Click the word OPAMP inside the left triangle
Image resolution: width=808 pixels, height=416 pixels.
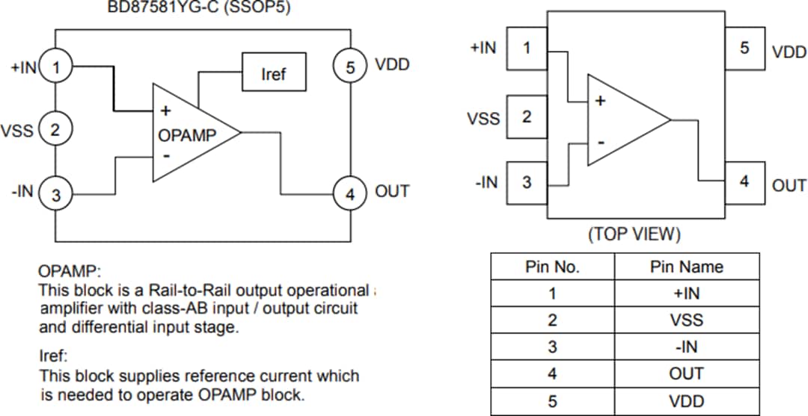point(187,135)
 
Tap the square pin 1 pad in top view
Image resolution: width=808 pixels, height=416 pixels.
point(527,49)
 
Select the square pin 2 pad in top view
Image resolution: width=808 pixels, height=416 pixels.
point(527,117)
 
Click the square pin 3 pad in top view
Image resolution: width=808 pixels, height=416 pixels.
point(527,182)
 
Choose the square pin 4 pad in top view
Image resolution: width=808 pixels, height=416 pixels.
point(744,182)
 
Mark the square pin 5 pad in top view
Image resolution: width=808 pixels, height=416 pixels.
point(744,49)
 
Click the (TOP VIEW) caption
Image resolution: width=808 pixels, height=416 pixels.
point(634,235)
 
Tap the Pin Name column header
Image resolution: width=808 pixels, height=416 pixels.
point(686,267)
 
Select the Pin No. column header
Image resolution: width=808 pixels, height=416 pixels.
point(552,267)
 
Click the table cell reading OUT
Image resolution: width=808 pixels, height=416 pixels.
point(686,374)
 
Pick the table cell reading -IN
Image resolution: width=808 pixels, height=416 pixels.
point(686,347)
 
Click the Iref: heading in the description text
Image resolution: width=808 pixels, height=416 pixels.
point(53,356)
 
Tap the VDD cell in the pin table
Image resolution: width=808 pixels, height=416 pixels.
point(686,401)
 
